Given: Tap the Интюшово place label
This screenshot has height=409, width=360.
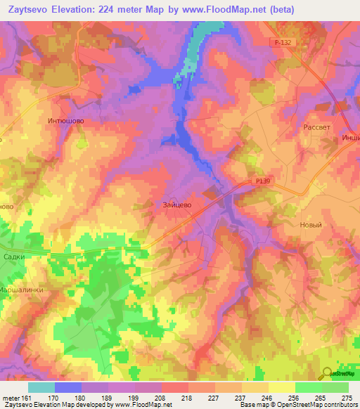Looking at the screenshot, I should pos(66,121).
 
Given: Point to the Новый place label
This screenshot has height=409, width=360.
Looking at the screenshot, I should pos(310,225).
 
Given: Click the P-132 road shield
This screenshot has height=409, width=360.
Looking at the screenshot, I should pos(283,43).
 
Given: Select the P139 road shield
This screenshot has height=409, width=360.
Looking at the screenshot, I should pos(262,181).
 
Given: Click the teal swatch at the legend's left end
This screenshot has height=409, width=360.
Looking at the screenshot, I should pos(41,387).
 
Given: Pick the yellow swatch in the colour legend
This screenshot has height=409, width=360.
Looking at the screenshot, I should pos(281,387).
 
